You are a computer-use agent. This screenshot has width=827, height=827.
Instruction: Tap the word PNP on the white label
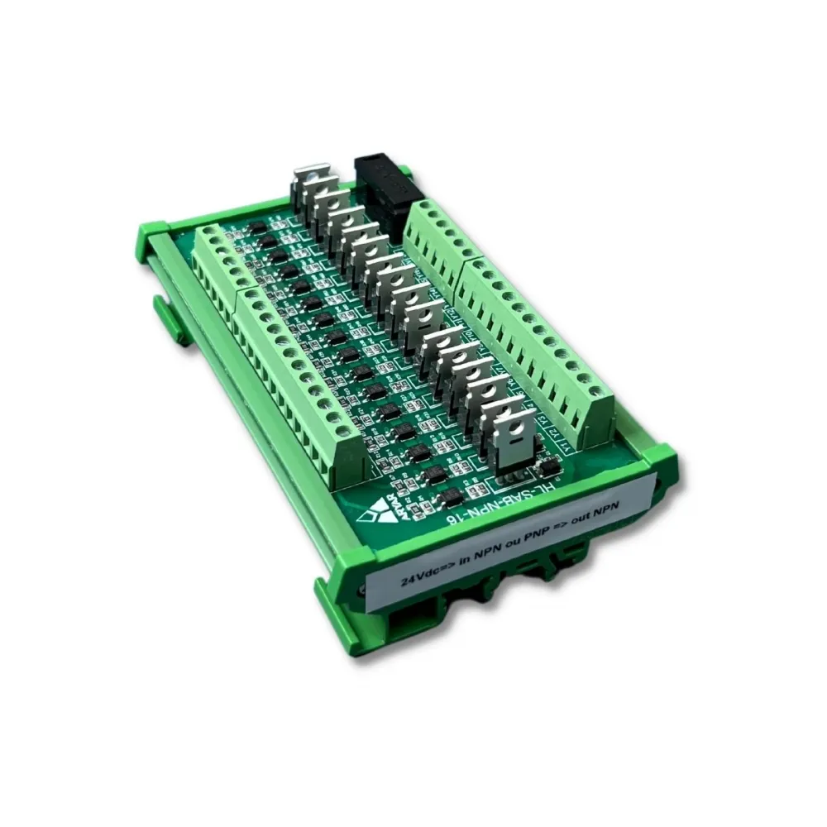click(x=541, y=533)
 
